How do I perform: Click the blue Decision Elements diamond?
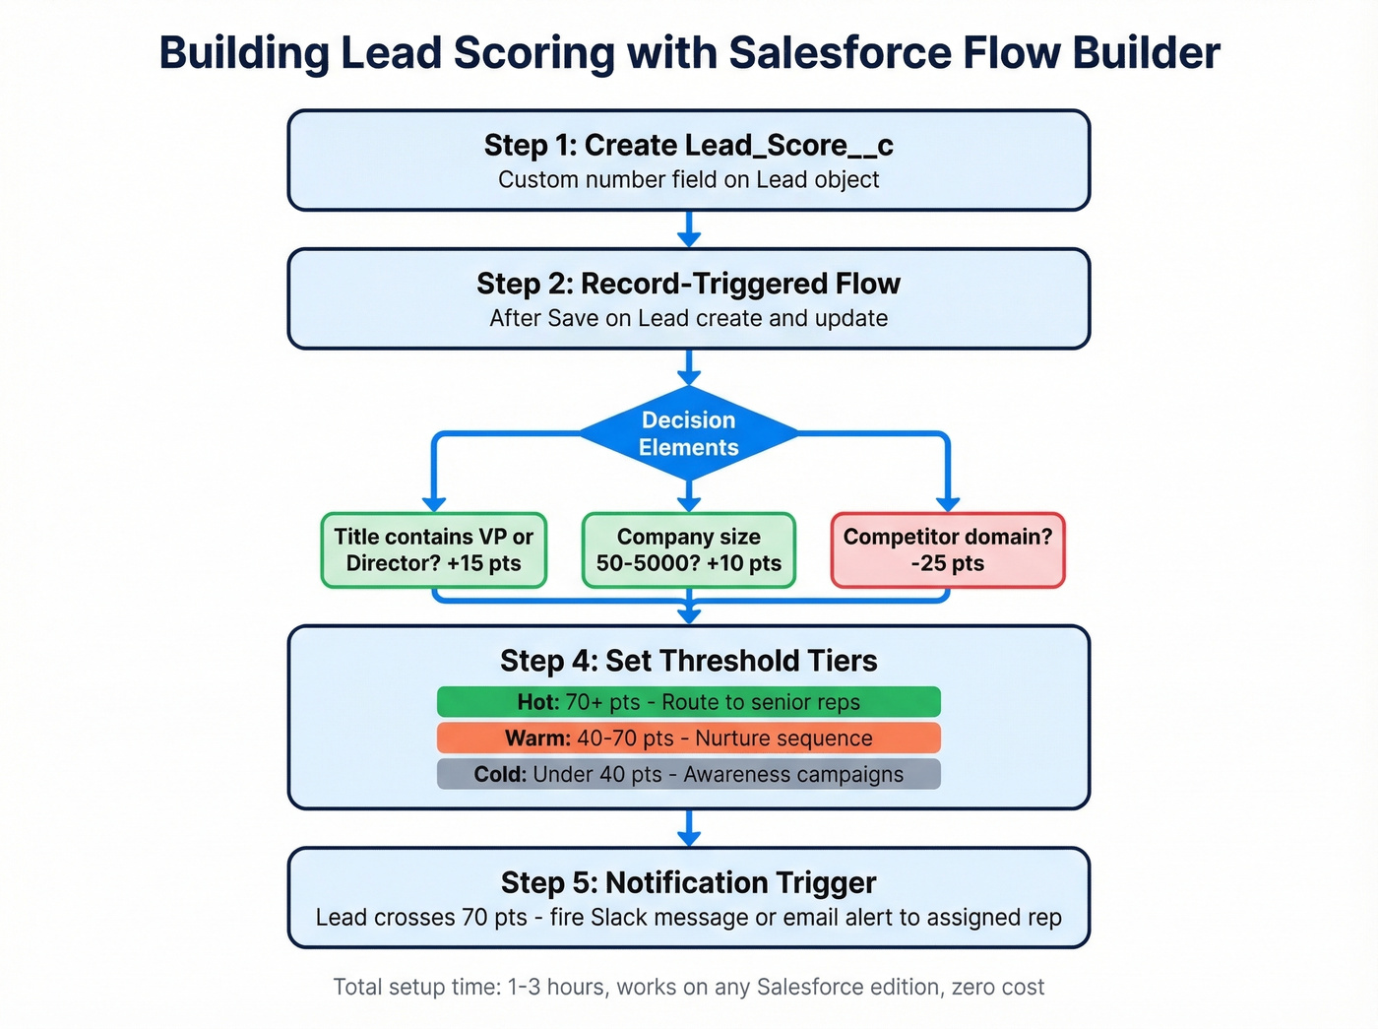click(689, 433)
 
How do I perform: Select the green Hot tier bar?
click(689, 702)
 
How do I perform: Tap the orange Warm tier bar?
click(689, 739)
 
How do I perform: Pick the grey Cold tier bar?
click(689, 774)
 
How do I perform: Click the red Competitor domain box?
click(948, 550)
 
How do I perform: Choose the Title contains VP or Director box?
click(434, 550)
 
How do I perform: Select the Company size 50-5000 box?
click(689, 550)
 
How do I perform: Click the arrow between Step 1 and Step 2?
click(689, 229)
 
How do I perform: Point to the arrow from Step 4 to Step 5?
click(689, 828)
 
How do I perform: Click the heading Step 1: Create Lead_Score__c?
click(689, 146)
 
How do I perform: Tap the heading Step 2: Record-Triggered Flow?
click(689, 284)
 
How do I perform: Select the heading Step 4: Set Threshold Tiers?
click(689, 661)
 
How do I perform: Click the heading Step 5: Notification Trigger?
click(689, 882)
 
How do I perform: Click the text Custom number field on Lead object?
click(689, 180)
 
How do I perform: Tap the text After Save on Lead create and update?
click(689, 318)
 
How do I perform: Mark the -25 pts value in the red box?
click(948, 564)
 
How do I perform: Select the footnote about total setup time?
click(689, 987)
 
